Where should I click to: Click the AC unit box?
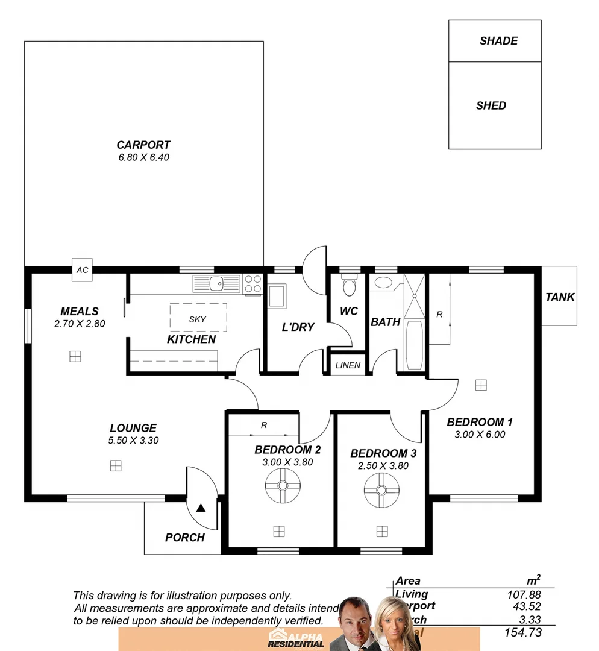(82, 270)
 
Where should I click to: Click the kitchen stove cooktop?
(253, 284)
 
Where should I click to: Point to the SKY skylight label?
(197, 319)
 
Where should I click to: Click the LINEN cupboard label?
(348, 365)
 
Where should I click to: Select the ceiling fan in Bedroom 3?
(381, 489)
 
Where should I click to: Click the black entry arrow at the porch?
(201, 508)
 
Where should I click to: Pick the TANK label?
(560, 297)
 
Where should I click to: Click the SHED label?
(491, 105)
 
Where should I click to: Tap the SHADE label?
(498, 41)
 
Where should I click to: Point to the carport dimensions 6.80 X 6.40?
(143, 157)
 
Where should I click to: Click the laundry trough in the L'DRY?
(277, 296)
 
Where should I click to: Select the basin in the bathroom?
(383, 282)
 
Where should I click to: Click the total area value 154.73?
(522, 632)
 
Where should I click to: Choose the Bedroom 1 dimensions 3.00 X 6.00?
(480, 434)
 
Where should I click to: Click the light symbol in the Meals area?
(75, 356)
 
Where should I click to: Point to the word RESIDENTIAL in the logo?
(295, 644)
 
